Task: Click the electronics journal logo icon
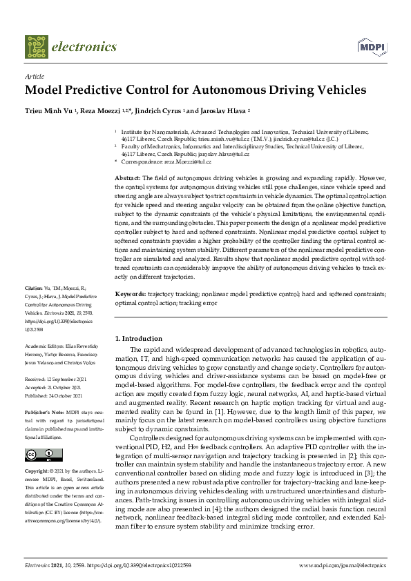point(37,47)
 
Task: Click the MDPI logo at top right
point(370,46)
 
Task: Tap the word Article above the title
point(35,77)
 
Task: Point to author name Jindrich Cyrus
point(158,110)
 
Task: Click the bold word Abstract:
point(127,178)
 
